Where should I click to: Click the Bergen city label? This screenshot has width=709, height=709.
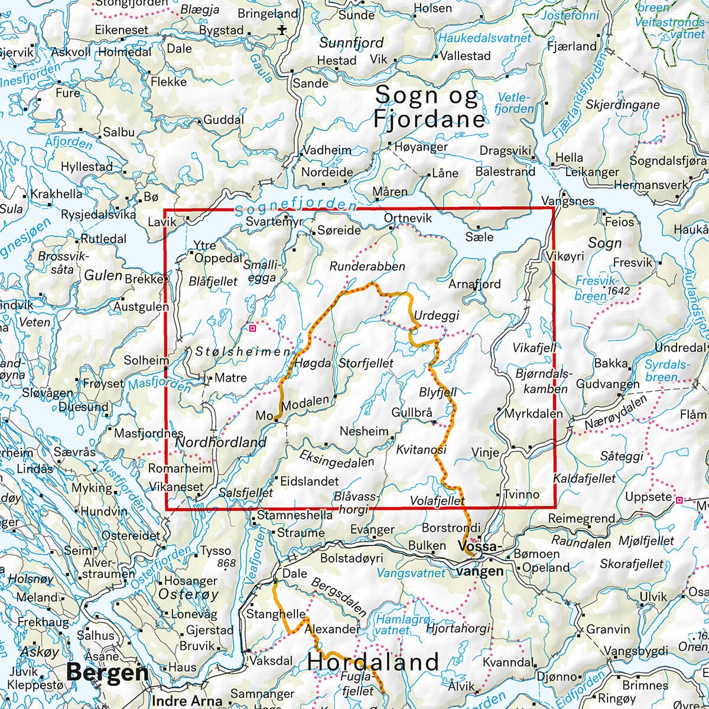pyautogui.click(x=107, y=672)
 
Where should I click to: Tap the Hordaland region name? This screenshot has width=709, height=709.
pyautogui.click(x=373, y=661)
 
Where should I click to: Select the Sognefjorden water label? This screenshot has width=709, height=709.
pyautogui.click(x=295, y=206)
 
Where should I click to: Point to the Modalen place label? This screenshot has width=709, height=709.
pyautogui.click(x=305, y=401)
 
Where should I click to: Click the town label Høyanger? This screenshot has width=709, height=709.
pyautogui.click(x=421, y=147)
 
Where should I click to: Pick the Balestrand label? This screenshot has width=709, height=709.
pyautogui.click(x=505, y=172)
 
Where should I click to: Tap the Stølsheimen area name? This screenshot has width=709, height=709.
pyautogui.click(x=242, y=352)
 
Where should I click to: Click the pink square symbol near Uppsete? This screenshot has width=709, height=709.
pyautogui.click(x=679, y=500)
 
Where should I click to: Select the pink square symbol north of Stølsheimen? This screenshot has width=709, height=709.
pyautogui.click(x=252, y=327)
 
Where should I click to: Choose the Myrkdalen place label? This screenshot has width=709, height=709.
pyautogui.click(x=533, y=414)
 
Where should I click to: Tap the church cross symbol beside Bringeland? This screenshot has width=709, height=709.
pyautogui.click(x=281, y=29)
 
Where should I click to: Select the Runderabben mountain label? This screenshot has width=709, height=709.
pyautogui.click(x=367, y=266)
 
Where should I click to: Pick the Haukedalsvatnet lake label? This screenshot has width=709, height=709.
pyautogui.click(x=484, y=38)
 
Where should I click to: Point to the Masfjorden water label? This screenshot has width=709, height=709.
pyautogui.click(x=158, y=385)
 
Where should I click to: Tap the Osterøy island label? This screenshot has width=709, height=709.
pyautogui.click(x=190, y=594)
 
